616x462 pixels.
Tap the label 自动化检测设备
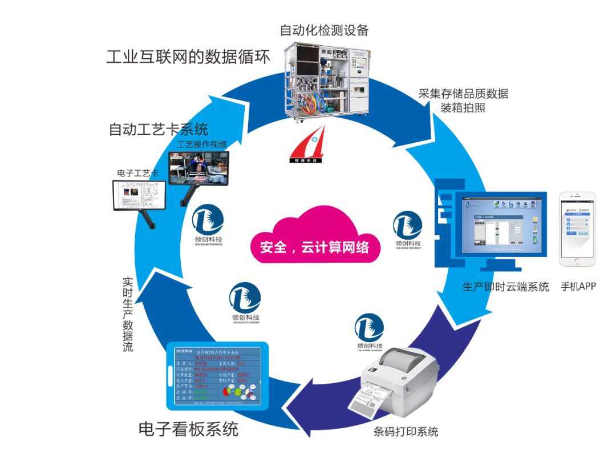point(325,30)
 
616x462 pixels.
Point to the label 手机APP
point(578,286)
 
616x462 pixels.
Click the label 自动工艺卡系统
point(159,129)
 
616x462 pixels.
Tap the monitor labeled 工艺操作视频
point(199,169)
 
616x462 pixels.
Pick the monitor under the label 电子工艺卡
point(139,195)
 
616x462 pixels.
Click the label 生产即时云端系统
point(505,287)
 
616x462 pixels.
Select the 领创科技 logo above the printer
point(369,330)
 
